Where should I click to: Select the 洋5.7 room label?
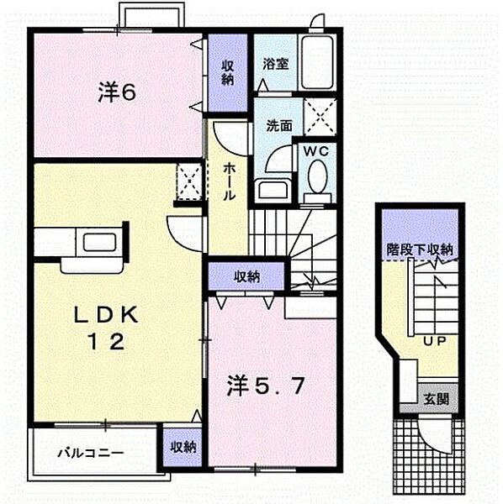tap(261, 387)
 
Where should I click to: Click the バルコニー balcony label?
tap(91, 453)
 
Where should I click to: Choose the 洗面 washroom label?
tap(279, 126)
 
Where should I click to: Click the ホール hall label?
tap(229, 181)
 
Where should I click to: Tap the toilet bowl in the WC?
tap(318, 178)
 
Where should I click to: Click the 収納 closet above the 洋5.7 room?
tap(247, 276)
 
